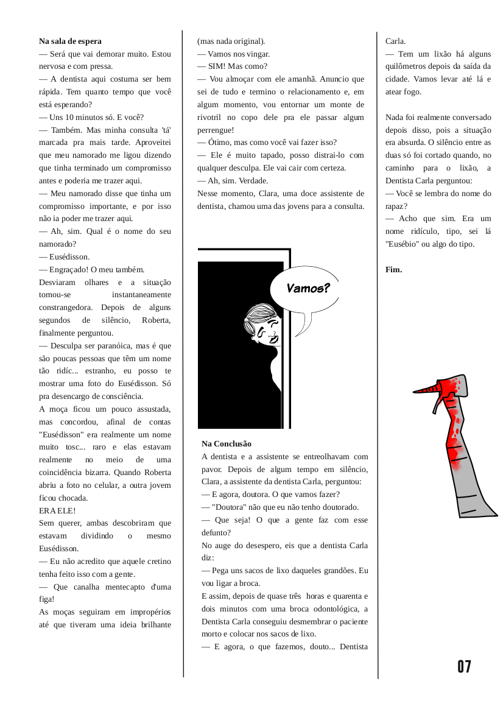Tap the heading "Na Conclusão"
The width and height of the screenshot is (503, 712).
pyautogui.click(x=227, y=444)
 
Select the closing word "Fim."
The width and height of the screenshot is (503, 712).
pyautogui.click(x=394, y=269)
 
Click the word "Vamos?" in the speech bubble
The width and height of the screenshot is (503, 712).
pyautogui.click(x=308, y=288)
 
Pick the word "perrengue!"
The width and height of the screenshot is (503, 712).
pyautogui.click(x=216, y=130)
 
